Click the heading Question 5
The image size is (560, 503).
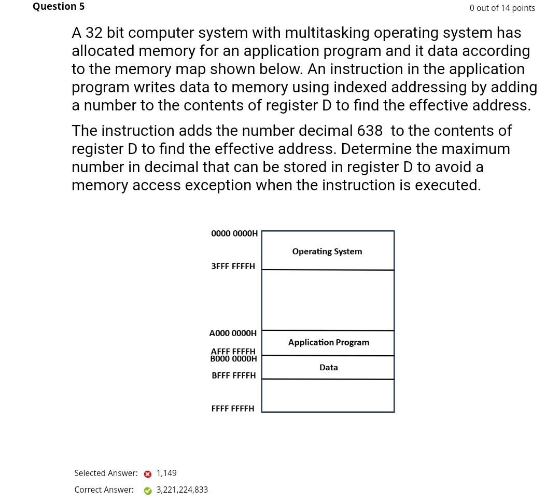tap(59, 7)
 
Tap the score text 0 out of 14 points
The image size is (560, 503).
tap(502, 8)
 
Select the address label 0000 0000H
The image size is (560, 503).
tap(234, 233)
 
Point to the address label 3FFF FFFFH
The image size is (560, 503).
tap(233, 266)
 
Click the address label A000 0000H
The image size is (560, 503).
tap(233, 333)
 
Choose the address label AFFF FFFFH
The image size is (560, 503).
tap(233, 351)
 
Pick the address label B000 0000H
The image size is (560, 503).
tap(233, 359)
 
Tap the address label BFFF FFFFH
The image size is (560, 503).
tap(233, 375)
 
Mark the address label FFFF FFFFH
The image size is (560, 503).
tap(233, 409)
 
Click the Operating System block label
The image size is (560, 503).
tap(327, 252)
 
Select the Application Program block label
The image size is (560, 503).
tap(329, 342)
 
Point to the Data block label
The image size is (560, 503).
tap(329, 367)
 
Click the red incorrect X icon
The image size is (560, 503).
tap(148, 474)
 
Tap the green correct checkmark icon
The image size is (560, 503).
tap(148, 491)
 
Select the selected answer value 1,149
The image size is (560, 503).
tap(166, 473)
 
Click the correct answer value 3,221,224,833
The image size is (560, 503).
tap(182, 490)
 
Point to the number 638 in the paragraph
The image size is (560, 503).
tap(370, 131)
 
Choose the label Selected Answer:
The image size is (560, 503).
tap(106, 473)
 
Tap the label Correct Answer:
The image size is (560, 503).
tap(104, 490)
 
